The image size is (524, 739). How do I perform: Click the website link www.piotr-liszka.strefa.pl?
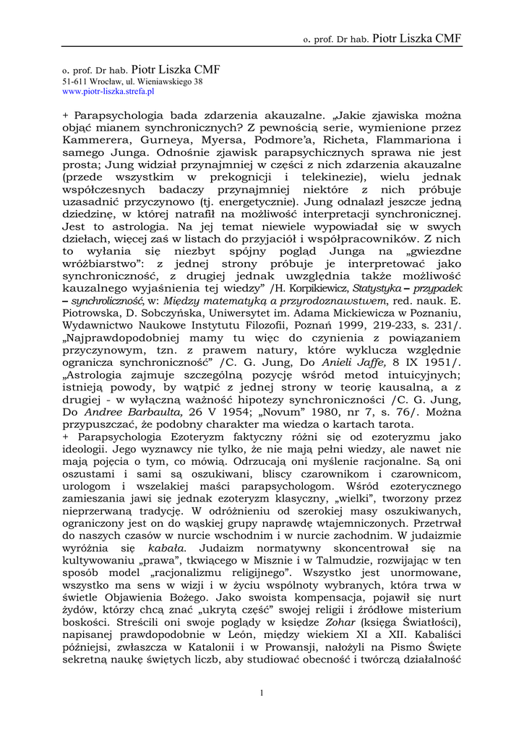108,92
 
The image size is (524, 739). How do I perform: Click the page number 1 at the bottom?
262,694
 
